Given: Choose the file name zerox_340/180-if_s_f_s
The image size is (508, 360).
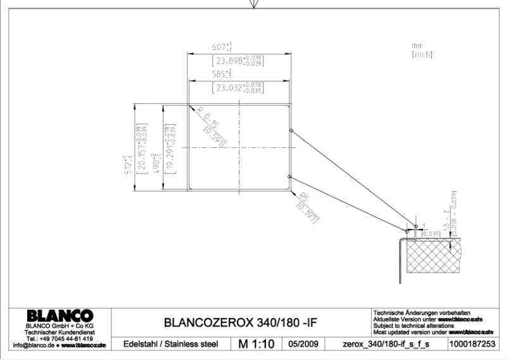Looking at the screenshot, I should click(x=387, y=344).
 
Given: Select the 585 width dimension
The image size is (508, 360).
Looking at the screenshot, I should click(x=223, y=74).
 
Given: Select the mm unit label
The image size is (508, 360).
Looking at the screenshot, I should click(x=416, y=46).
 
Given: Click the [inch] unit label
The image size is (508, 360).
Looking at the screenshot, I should click(x=421, y=55).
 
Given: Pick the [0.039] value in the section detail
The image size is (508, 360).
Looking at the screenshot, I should click(x=433, y=234).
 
